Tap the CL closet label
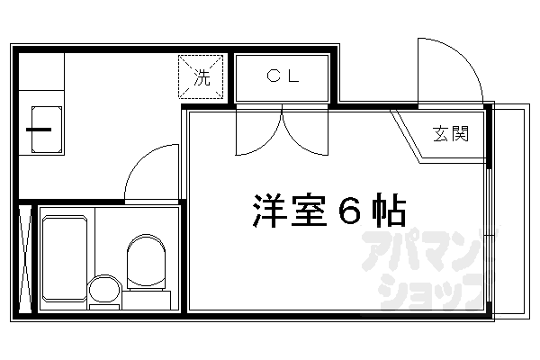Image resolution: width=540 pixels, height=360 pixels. click(x=282, y=76)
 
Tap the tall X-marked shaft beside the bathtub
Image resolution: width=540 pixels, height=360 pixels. click(x=25, y=259)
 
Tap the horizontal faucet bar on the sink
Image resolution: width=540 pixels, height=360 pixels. click(x=38, y=129)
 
